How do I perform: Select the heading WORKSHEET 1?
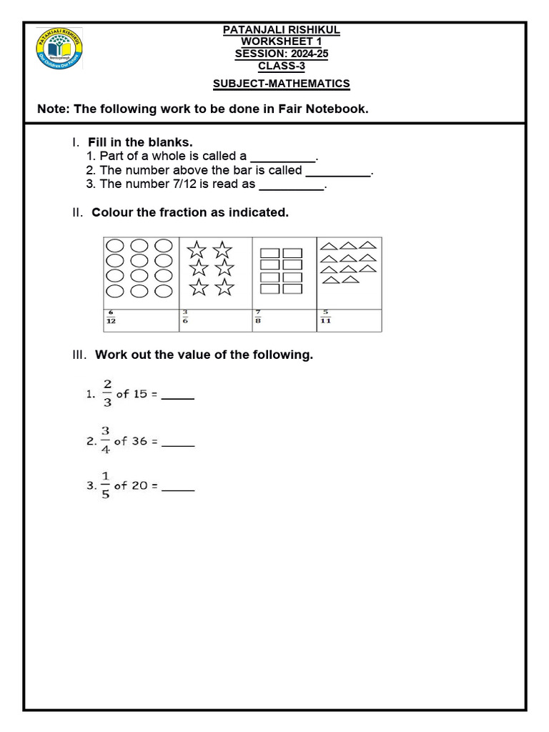pyautogui.click(x=282, y=41)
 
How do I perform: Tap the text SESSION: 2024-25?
pyautogui.click(x=282, y=54)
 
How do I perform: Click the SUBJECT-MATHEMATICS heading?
pyautogui.click(x=282, y=84)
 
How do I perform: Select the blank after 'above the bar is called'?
pyautogui.click(x=338, y=172)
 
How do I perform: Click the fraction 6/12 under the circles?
pyautogui.click(x=111, y=317)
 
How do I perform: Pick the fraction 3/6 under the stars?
pyautogui.click(x=184, y=317)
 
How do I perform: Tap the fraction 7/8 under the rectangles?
pyautogui.click(x=259, y=317)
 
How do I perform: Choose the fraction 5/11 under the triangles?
pyautogui.click(x=325, y=317)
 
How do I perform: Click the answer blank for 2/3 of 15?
pyautogui.click(x=178, y=395)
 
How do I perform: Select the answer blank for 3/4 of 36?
pyautogui.click(x=178, y=443)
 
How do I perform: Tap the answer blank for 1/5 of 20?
pyautogui.click(x=178, y=487)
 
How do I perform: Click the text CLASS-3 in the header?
pyautogui.click(x=282, y=66)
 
